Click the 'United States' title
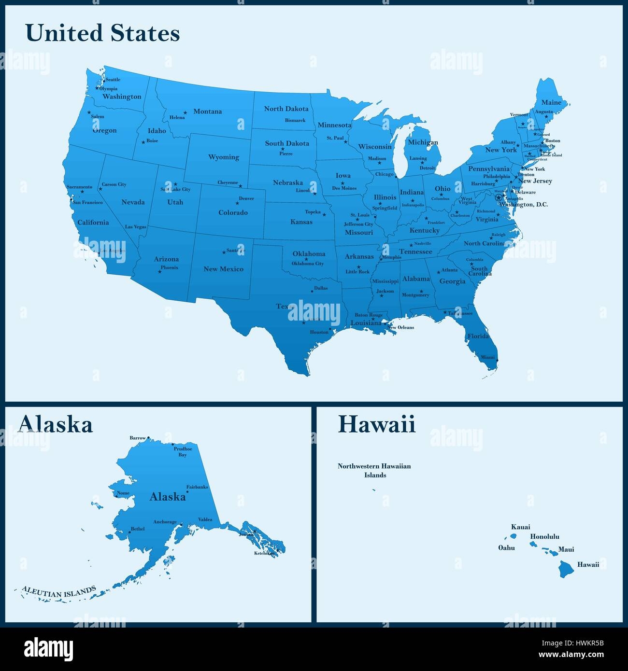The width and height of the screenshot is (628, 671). coord(102,34)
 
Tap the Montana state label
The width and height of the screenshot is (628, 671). coord(207,112)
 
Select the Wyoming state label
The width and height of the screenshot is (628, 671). coord(223,157)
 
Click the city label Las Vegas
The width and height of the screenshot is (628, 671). coord(135,226)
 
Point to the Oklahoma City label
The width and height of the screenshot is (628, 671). coord(308,264)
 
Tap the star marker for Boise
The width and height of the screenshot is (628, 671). coord(143,142)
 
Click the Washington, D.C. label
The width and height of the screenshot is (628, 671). coord(524,205)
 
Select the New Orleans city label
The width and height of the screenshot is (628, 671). coord(401,327)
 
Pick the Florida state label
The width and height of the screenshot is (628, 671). coord(478,336)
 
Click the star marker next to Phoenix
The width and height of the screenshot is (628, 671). coord(159,272)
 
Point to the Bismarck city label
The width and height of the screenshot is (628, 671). coord(295,120)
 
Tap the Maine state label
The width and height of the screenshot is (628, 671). coord(551,102)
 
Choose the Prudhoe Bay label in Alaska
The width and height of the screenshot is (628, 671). coord(183,452)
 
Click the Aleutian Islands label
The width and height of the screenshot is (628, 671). coord(58,591)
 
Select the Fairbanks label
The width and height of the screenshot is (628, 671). coord(197,487)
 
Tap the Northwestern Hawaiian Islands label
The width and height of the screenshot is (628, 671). coord(374,471)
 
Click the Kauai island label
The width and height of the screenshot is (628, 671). coord(520,527)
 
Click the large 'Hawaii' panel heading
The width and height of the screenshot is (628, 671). coord(376,425)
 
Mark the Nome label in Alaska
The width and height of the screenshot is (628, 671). coord(123,493)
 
